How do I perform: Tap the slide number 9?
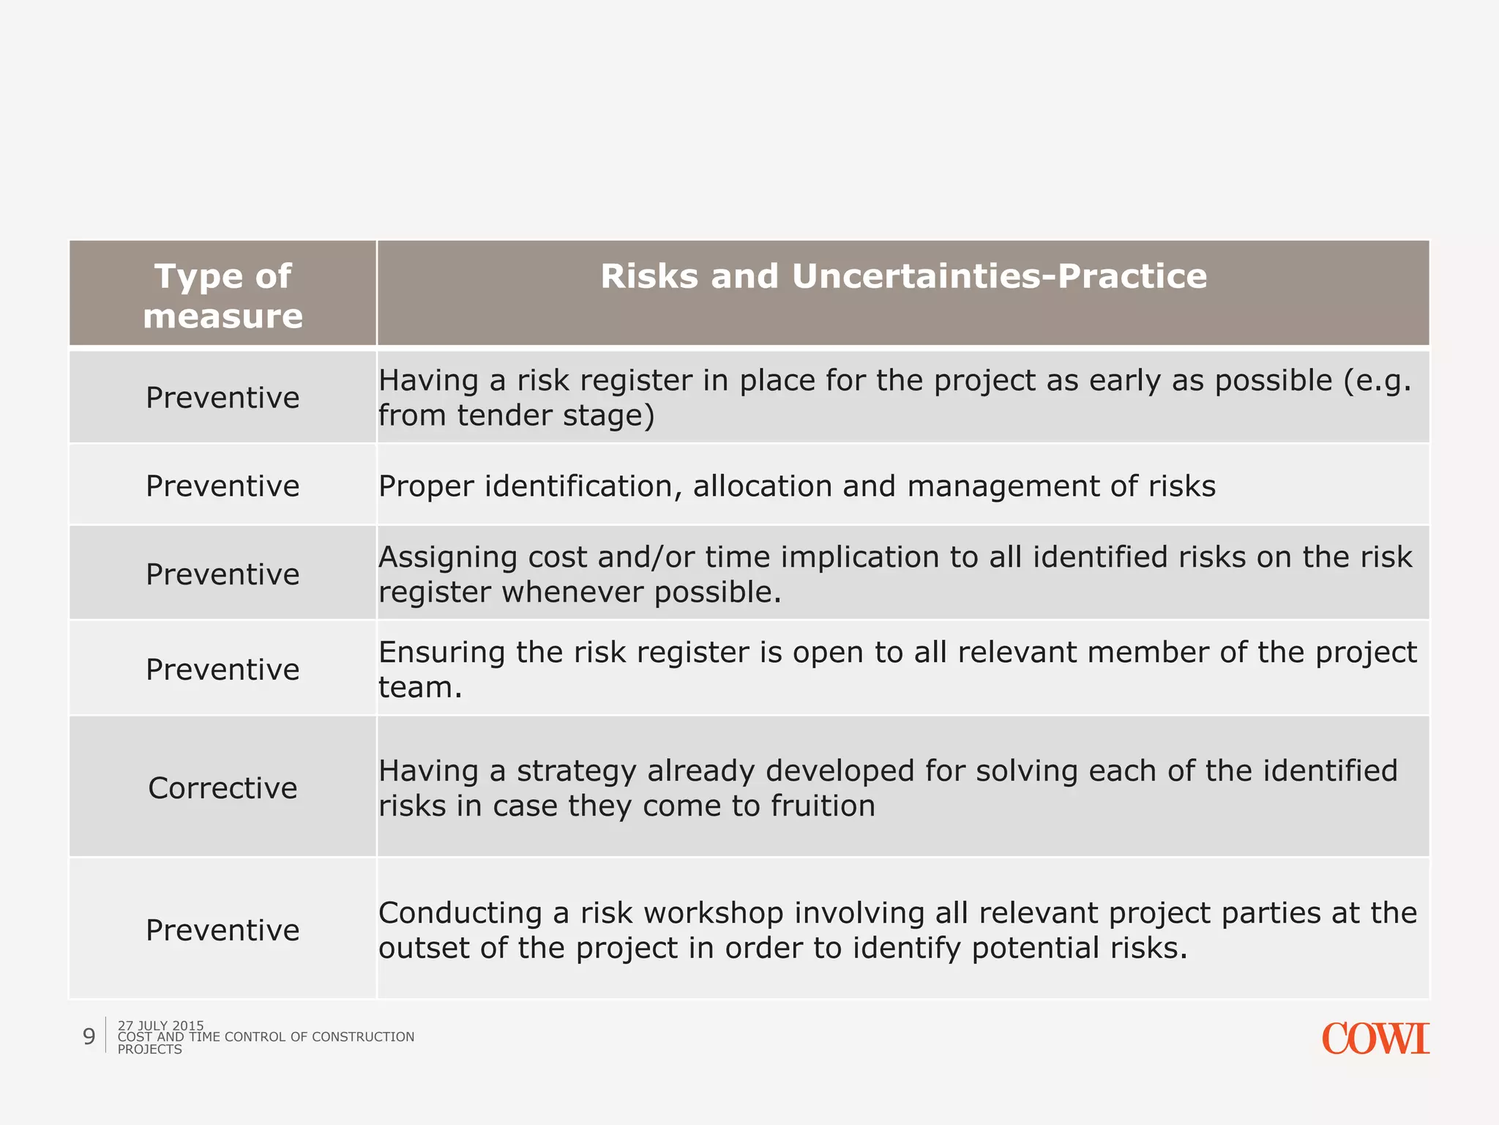(89, 1036)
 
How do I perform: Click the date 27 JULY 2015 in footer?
(160, 1025)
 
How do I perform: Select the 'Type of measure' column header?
(223, 295)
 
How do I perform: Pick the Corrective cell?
(223, 788)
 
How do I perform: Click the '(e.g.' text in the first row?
(1377, 382)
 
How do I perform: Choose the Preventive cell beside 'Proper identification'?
(223, 486)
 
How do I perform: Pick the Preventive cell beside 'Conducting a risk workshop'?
(223, 930)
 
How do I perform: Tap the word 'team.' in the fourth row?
(420, 688)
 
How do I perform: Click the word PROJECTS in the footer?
(149, 1050)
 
